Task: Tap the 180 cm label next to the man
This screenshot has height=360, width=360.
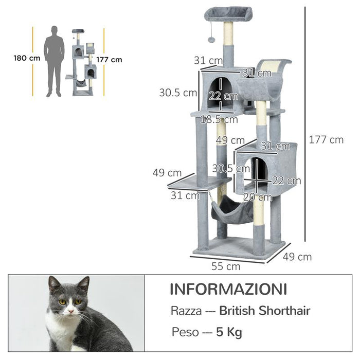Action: pos(27,58)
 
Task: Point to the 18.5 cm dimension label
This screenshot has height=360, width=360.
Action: pos(219,120)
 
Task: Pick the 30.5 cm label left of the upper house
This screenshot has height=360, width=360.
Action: pos(178,93)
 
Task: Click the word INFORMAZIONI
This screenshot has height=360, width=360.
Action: pos(228,289)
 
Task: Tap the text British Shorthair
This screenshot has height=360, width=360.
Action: pos(264,311)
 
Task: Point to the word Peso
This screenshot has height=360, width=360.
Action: pos(184,332)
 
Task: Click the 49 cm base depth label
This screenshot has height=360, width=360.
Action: pos(300,257)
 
